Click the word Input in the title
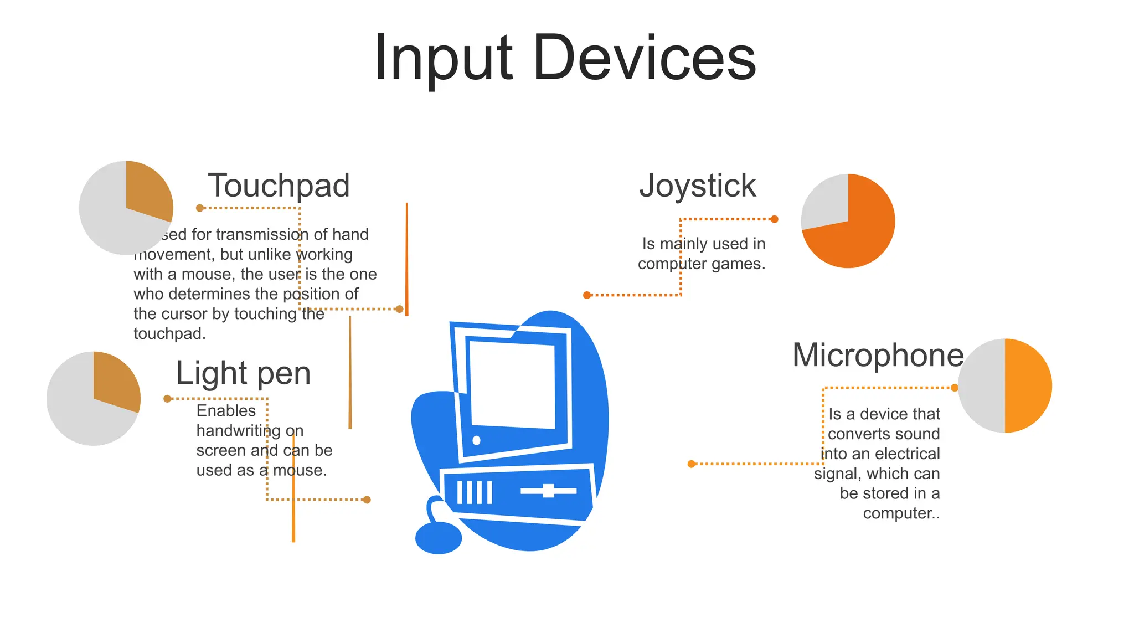pos(443,58)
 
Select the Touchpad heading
pos(279,185)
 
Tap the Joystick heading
pos(697,185)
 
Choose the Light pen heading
pos(243,373)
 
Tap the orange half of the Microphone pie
pos(1028,385)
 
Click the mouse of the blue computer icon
pos(438,538)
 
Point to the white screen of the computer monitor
pos(512,384)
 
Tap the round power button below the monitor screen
pos(476,441)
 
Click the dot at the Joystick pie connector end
pos(774,219)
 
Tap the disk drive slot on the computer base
pos(548,491)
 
